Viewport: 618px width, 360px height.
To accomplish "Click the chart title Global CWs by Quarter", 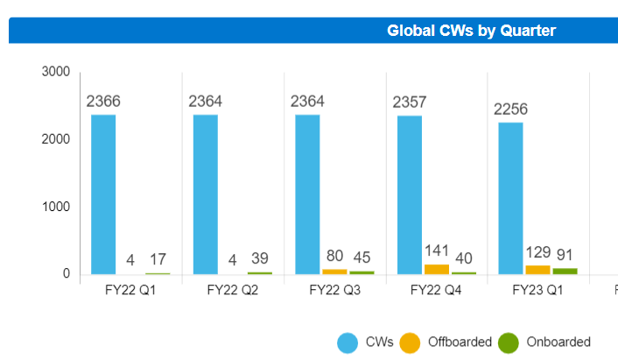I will (x=471, y=31).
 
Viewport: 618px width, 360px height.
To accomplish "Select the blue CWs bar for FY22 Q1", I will (x=103, y=194).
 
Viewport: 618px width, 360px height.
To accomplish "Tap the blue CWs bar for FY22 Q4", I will (x=410, y=195).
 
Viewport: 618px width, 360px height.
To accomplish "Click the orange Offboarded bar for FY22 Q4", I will (x=436, y=270).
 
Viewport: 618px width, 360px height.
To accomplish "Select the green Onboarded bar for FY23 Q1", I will (x=565, y=272).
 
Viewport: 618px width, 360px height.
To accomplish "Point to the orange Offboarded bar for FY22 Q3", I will (x=334, y=272).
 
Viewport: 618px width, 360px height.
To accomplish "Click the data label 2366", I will (x=103, y=102).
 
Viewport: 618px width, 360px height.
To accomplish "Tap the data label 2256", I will (x=511, y=109).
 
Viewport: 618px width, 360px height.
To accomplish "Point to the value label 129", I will (x=537, y=252).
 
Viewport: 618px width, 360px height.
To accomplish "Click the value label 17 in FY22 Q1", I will (x=158, y=259).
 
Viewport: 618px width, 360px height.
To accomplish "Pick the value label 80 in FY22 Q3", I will (x=334, y=257).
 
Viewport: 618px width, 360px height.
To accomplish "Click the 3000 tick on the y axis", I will (x=55, y=72).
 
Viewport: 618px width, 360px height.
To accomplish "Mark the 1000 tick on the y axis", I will (x=55, y=208).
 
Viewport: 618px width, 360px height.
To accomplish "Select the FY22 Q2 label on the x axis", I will (x=233, y=290).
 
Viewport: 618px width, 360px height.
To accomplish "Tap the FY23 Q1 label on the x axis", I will (x=538, y=290).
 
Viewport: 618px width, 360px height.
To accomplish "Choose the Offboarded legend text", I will (x=460, y=342).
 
